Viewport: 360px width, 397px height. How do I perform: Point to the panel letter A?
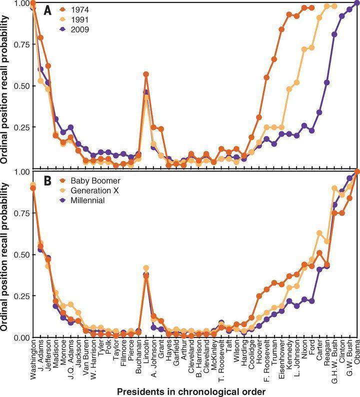(47, 10)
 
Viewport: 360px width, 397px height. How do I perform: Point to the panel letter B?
(47, 180)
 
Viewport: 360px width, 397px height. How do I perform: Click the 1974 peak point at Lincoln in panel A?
(146, 74)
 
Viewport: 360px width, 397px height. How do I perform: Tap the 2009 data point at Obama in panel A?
(356, 3)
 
